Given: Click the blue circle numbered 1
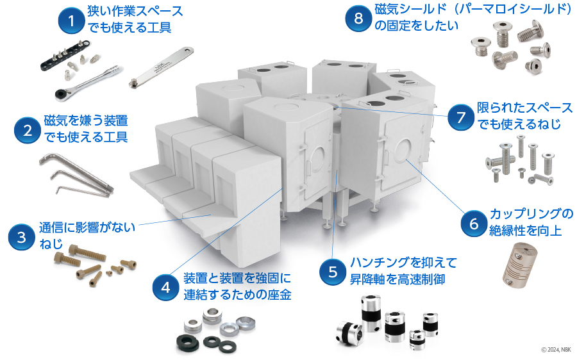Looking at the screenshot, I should click(x=71, y=21).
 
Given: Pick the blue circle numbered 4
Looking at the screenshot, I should click(x=165, y=287).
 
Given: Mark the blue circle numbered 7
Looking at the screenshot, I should click(x=460, y=117).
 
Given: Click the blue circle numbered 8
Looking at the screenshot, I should click(x=358, y=19).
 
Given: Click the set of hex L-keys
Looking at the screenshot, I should click(x=75, y=174).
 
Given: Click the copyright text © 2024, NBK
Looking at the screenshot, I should click(x=555, y=349).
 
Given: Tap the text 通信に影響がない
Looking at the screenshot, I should click(x=86, y=227).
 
